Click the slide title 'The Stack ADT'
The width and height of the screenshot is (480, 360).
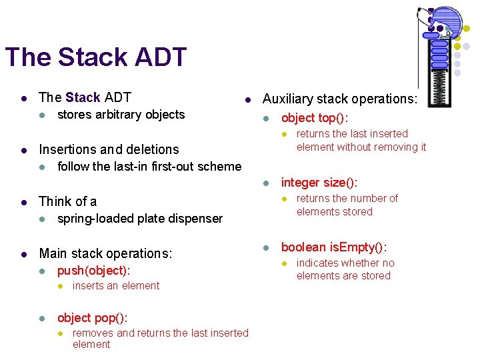95,57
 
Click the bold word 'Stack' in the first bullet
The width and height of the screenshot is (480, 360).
83,98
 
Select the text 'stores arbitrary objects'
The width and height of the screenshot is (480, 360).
121,115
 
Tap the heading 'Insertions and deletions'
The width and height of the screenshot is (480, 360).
109,149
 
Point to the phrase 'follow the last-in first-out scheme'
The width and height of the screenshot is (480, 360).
149,167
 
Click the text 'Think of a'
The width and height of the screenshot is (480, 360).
67,201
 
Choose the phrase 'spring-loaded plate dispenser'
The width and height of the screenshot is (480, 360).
139,219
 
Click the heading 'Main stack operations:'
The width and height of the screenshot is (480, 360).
105,253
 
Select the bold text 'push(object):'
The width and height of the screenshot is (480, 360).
93,271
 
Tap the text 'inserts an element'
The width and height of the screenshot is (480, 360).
116,286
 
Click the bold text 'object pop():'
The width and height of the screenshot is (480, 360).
92,318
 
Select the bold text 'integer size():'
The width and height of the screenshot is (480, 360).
319,183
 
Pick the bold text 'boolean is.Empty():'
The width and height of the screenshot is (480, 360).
333,247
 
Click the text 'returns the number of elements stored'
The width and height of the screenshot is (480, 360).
347,205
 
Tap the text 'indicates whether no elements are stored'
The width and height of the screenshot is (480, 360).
345,269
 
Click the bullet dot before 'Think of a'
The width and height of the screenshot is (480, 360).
24,202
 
